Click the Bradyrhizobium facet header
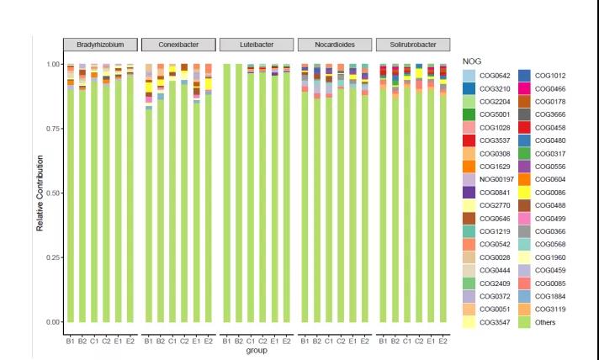(101, 45)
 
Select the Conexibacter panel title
(178, 45)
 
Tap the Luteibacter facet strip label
(256, 45)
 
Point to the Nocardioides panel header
(334, 45)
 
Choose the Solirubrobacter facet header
(411, 45)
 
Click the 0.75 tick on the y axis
(52, 129)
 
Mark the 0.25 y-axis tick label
(52, 257)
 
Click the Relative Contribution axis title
(40, 193)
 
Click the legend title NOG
(471, 61)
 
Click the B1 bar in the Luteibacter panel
(226, 193)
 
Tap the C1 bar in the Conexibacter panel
(172, 201)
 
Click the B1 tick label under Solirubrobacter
(383, 341)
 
